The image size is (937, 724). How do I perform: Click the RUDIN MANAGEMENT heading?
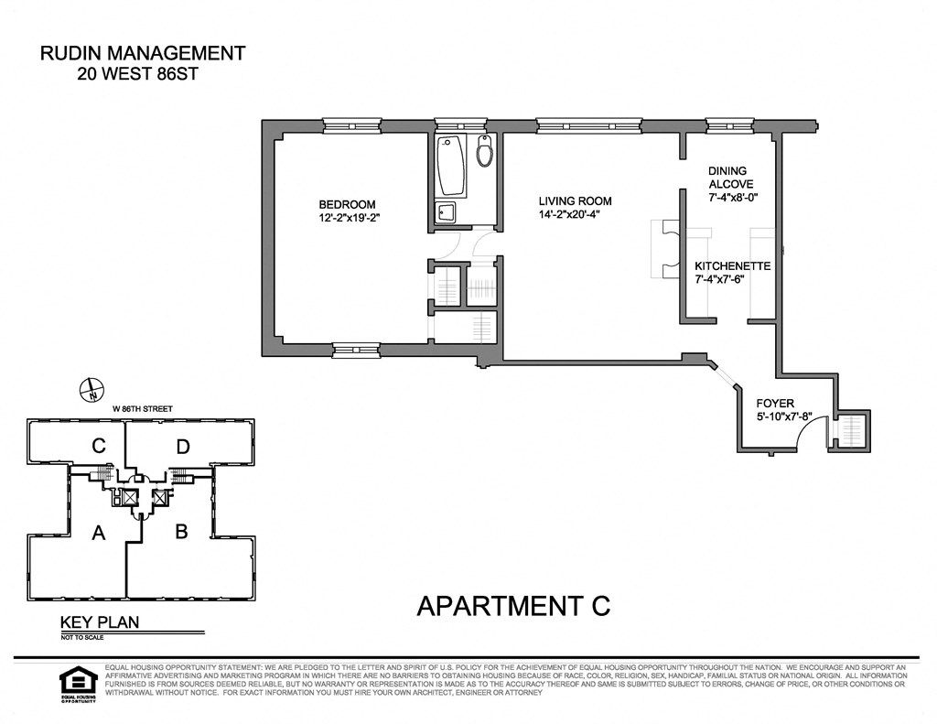(x=143, y=53)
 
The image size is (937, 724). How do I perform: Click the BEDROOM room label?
(x=347, y=204)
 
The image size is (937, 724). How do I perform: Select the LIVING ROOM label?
(x=575, y=201)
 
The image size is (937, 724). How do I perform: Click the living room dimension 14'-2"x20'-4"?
(x=575, y=215)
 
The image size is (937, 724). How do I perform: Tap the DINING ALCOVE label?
(x=727, y=177)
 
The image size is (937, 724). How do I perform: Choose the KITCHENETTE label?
(x=732, y=265)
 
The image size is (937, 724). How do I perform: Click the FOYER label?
(x=774, y=403)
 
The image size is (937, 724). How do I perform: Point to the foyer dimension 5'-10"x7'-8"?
(x=785, y=416)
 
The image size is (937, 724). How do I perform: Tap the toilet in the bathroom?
(x=485, y=152)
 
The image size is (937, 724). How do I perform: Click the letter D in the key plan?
(x=182, y=447)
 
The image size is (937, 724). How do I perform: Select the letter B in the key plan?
(x=180, y=531)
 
